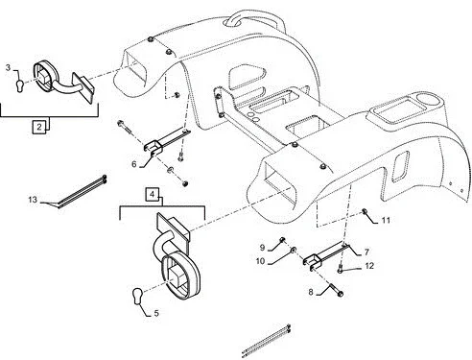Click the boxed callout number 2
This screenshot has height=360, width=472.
[39, 127]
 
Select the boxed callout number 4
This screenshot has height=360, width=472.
[153, 194]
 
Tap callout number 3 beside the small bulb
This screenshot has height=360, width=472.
[8, 68]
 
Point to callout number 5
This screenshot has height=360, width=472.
[156, 313]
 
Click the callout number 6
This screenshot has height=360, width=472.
[134, 164]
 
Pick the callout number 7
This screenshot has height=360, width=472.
[366, 252]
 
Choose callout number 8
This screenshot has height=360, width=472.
[311, 292]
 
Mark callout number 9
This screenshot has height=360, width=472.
[262, 248]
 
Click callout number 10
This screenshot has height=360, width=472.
[260, 261]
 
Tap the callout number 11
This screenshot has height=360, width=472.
[386, 220]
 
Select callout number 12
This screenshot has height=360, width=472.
[369, 266]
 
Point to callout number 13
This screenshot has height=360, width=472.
[33, 200]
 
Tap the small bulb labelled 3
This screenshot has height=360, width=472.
[20, 86]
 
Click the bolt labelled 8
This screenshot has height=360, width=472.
[336, 289]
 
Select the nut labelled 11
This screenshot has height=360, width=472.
[364, 211]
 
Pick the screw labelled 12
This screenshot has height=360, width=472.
[341, 270]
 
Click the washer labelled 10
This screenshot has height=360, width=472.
[294, 250]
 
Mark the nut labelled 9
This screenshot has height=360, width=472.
[282, 240]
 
